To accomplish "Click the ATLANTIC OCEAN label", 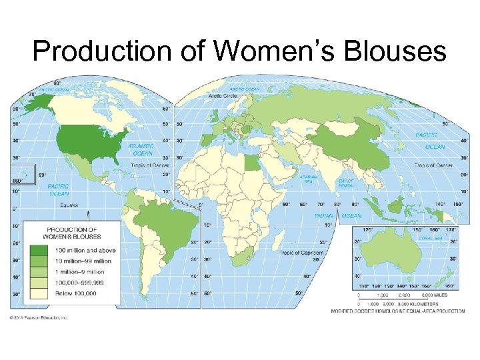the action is [141, 148].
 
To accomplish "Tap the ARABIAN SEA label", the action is [307, 178].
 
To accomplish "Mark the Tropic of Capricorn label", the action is [301, 253].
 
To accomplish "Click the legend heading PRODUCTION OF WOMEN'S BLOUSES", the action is [71, 233].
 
